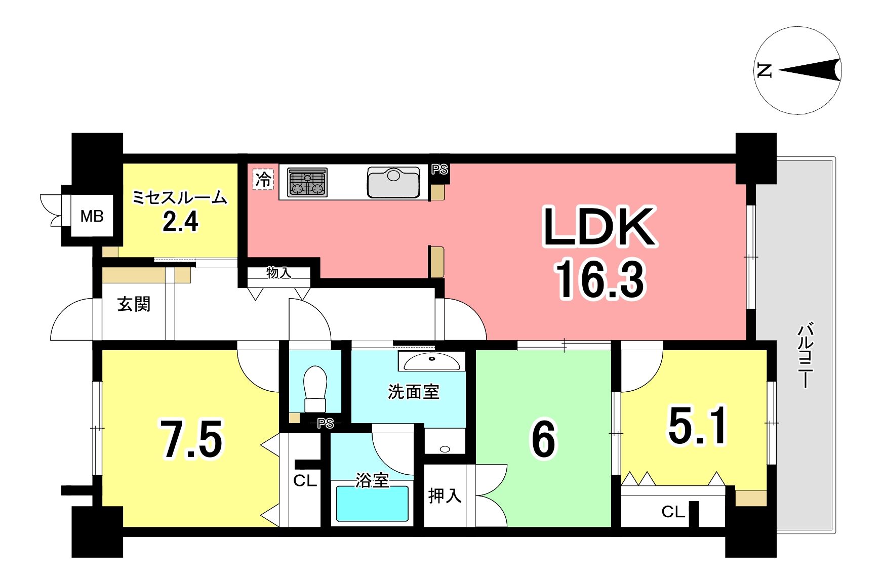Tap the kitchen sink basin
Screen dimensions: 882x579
click(x=394, y=182)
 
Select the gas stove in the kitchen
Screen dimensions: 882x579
click(x=307, y=182)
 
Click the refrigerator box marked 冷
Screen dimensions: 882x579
click(x=263, y=179)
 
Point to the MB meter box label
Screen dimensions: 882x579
click(x=92, y=216)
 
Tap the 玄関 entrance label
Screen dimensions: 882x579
click(x=134, y=304)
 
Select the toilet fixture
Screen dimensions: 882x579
click(x=315, y=389)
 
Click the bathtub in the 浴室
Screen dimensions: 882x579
click(x=372, y=504)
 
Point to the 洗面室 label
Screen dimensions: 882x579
click(x=414, y=391)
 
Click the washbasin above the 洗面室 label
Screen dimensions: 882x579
click(x=432, y=361)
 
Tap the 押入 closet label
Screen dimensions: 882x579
click(x=445, y=495)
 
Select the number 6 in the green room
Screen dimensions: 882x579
click(x=543, y=439)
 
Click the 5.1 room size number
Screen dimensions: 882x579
click(x=698, y=425)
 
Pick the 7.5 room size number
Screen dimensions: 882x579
click(x=192, y=439)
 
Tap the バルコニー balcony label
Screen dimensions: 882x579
click(x=806, y=355)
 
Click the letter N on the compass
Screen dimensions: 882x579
click(x=764, y=70)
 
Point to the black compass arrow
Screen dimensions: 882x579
click(x=810, y=70)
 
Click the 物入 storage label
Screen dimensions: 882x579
click(x=279, y=273)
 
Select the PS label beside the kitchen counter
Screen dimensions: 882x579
click(x=439, y=170)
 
